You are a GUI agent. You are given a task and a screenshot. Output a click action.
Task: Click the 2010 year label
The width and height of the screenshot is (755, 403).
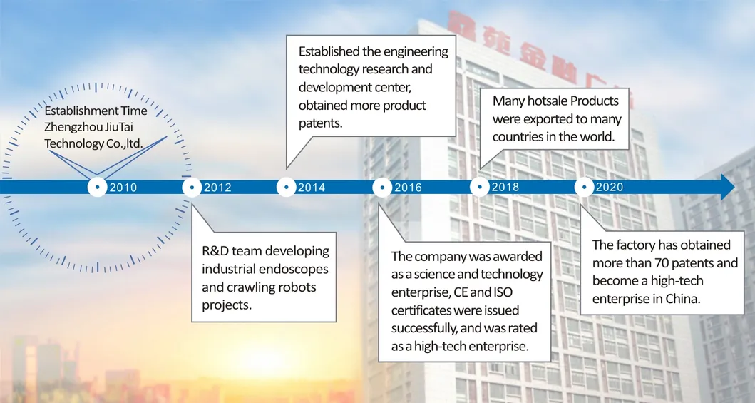[123, 188]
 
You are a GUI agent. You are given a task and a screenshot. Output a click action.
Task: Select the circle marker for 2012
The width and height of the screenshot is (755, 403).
[192, 188]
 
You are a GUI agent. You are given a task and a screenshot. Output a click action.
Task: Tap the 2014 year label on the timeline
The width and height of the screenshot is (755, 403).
[312, 188]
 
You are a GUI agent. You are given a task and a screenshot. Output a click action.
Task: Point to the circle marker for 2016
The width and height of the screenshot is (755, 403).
[382, 188]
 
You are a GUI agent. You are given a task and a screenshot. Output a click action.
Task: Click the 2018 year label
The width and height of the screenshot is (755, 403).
[505, 188]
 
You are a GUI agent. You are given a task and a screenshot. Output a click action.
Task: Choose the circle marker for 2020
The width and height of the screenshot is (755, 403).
[584, 188]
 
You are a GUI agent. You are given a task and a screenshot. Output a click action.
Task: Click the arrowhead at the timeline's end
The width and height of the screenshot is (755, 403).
[727, 187]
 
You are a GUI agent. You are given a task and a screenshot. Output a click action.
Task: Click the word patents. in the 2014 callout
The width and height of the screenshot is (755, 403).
[318, 123]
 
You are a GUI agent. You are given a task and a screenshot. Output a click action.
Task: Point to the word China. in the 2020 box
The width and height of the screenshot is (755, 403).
[684, 299]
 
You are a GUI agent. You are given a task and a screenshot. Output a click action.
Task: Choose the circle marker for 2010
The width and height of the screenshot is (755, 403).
[98, 188]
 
